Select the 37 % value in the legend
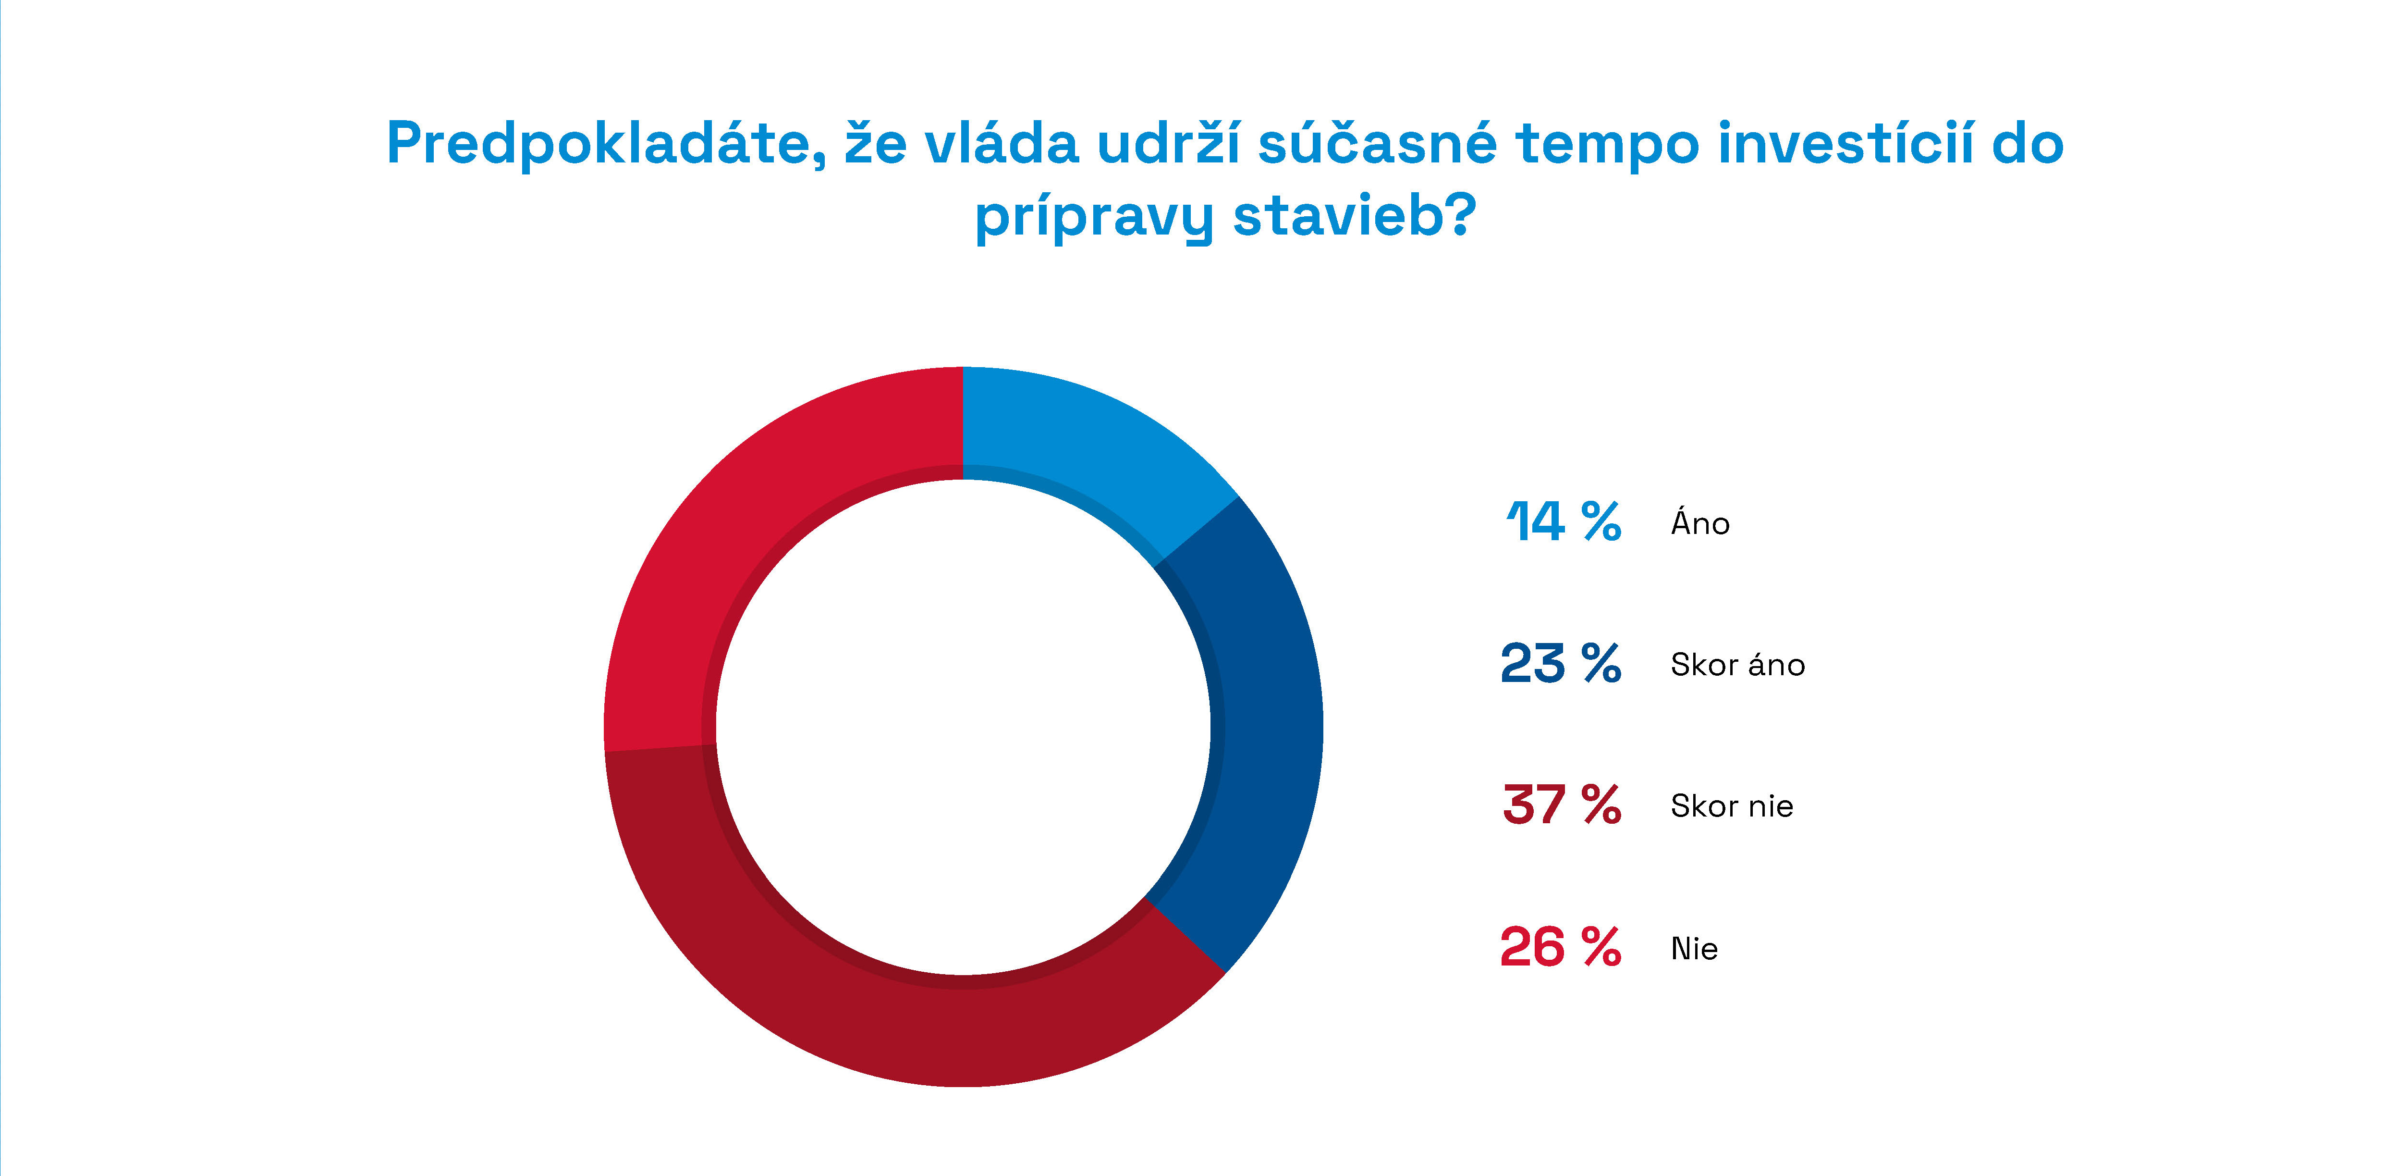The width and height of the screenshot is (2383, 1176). pos(1561,805)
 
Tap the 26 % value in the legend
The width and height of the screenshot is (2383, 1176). pos(1561,947)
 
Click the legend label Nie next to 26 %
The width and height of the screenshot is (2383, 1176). pos(1694,948)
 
